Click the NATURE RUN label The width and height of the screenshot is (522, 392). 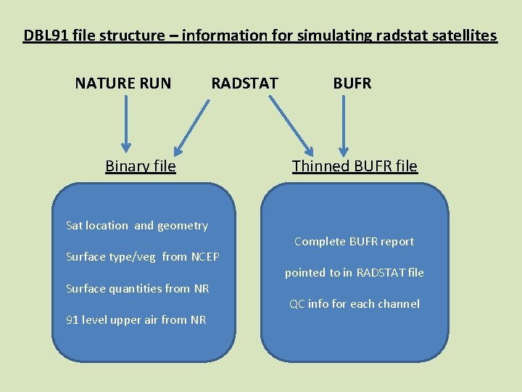[123, 83]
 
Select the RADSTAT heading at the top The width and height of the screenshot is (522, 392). [244, 83]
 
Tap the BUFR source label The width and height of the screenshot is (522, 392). [352, 83]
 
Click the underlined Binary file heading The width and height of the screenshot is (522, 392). [140, 166]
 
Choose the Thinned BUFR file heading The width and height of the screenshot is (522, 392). [355, 166]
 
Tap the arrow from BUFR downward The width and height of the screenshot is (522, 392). [344, 124]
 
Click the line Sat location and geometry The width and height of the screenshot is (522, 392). [136, 225]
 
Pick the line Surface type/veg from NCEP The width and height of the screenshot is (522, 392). [142, 256]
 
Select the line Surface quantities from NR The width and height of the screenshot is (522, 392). [137, 288]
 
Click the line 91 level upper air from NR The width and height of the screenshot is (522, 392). [136, 319]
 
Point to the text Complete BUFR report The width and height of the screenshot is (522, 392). [354, 241]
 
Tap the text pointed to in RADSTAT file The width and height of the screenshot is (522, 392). [354, 272]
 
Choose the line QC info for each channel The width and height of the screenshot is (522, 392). [354, 303]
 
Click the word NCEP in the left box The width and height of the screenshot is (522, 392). [205, 256]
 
